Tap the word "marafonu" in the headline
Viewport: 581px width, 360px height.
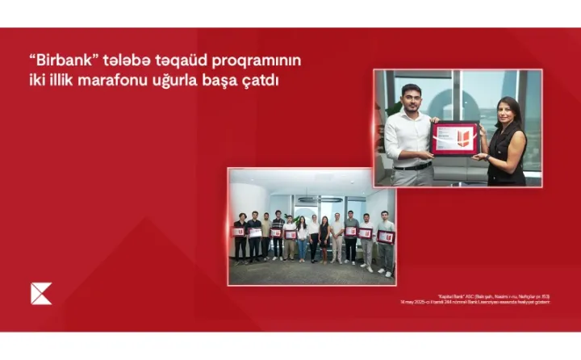point(127,81)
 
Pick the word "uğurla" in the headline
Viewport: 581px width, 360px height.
point(184,81)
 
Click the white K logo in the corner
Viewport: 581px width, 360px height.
point(40,294)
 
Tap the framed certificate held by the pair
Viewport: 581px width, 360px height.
point(455,137)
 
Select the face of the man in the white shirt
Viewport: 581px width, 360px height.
point(412,96)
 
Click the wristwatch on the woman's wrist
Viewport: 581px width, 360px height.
point(489,153)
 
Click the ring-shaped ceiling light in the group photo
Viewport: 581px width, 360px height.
point(308,199)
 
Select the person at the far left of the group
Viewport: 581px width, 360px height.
point(240,238)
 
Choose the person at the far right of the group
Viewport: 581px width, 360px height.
point(387,242)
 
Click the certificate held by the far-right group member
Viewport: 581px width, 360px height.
point(386,236)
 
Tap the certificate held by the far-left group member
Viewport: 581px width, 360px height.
point(239,232)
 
